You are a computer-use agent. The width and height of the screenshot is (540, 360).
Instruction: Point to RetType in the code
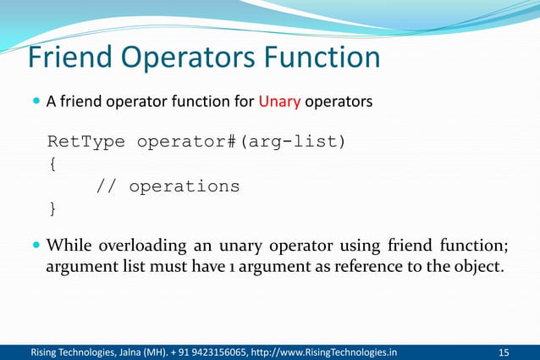[87, 141]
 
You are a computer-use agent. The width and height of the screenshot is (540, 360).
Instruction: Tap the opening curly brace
[53, 163]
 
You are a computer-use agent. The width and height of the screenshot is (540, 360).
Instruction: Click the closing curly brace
[53, 207]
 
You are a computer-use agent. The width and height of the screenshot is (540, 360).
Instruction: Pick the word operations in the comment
[184, 186]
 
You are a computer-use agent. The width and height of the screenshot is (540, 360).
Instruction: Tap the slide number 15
[505, 352]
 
